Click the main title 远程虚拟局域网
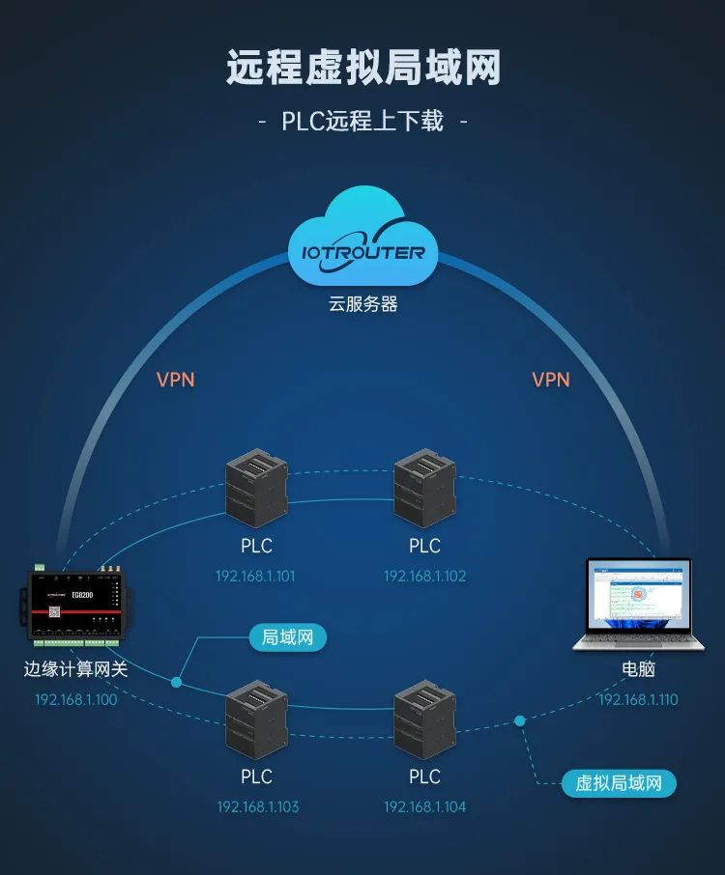(363, 69)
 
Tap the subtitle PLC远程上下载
(362, 122)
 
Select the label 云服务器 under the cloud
(363, 304)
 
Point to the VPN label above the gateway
(175, 380)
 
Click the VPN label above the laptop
(551, 380)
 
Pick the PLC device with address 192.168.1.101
(256, 491)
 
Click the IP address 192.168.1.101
(255, 577)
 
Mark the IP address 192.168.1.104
(424, 806)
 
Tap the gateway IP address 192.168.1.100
(75, 699)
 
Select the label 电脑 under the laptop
(638, 669)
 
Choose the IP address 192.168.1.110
(638, 699)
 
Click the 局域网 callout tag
(287, 637)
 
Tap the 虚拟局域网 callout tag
(619, 783)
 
